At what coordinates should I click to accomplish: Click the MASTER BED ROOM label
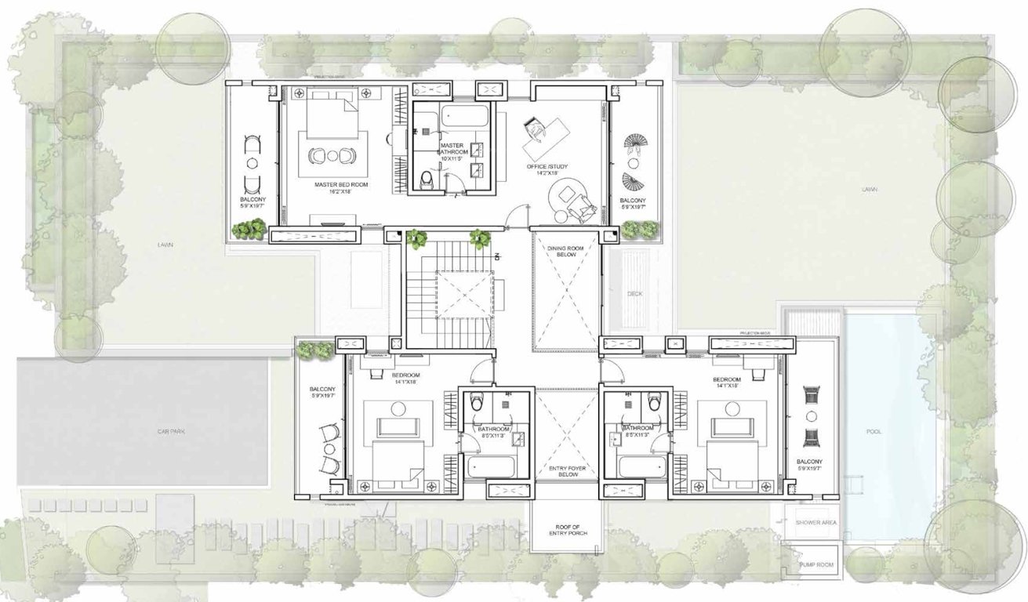tap(341, 184)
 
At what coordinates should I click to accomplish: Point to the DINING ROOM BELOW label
tap(566, 250)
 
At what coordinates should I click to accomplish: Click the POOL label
tap(874, 432)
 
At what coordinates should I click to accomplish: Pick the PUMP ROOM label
tap(816, 564)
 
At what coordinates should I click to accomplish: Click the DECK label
tap(635, 295)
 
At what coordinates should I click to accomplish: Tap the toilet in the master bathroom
tap(427, 180)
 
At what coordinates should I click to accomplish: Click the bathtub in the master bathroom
tap(463, 118)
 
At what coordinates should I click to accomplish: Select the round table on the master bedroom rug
tap(332, 156)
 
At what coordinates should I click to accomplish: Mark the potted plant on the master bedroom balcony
tap(250, 230)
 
